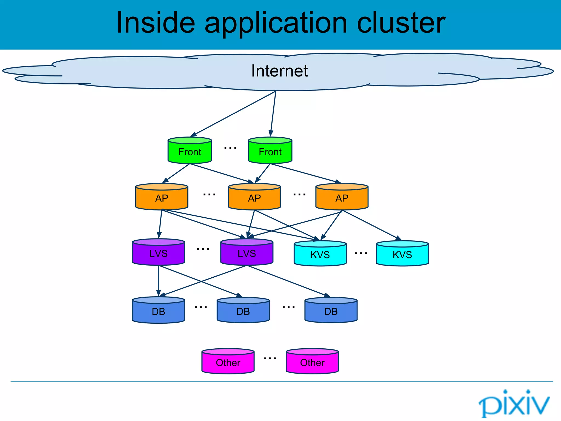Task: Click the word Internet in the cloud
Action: click(x=279, y=71)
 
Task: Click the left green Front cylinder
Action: click(x=190, y=151)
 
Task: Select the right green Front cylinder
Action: click(x=270, y=151)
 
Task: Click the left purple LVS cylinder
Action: click(x=158, y=253)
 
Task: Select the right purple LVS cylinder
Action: click(x=247, y=253)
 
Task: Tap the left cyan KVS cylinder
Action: click(x=320, y=254)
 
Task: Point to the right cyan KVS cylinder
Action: click(x=402, y=254)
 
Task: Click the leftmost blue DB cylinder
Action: click(x=158, y=311)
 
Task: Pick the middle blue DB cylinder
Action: click(x=243, y=311)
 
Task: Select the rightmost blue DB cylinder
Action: click(x=331, y=311)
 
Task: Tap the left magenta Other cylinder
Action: click(x=228, y=362)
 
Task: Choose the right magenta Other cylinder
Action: click(x=312, y=362)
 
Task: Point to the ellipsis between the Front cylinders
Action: click(x=230, y=148)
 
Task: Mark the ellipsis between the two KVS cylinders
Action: click(x=361, y=254)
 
